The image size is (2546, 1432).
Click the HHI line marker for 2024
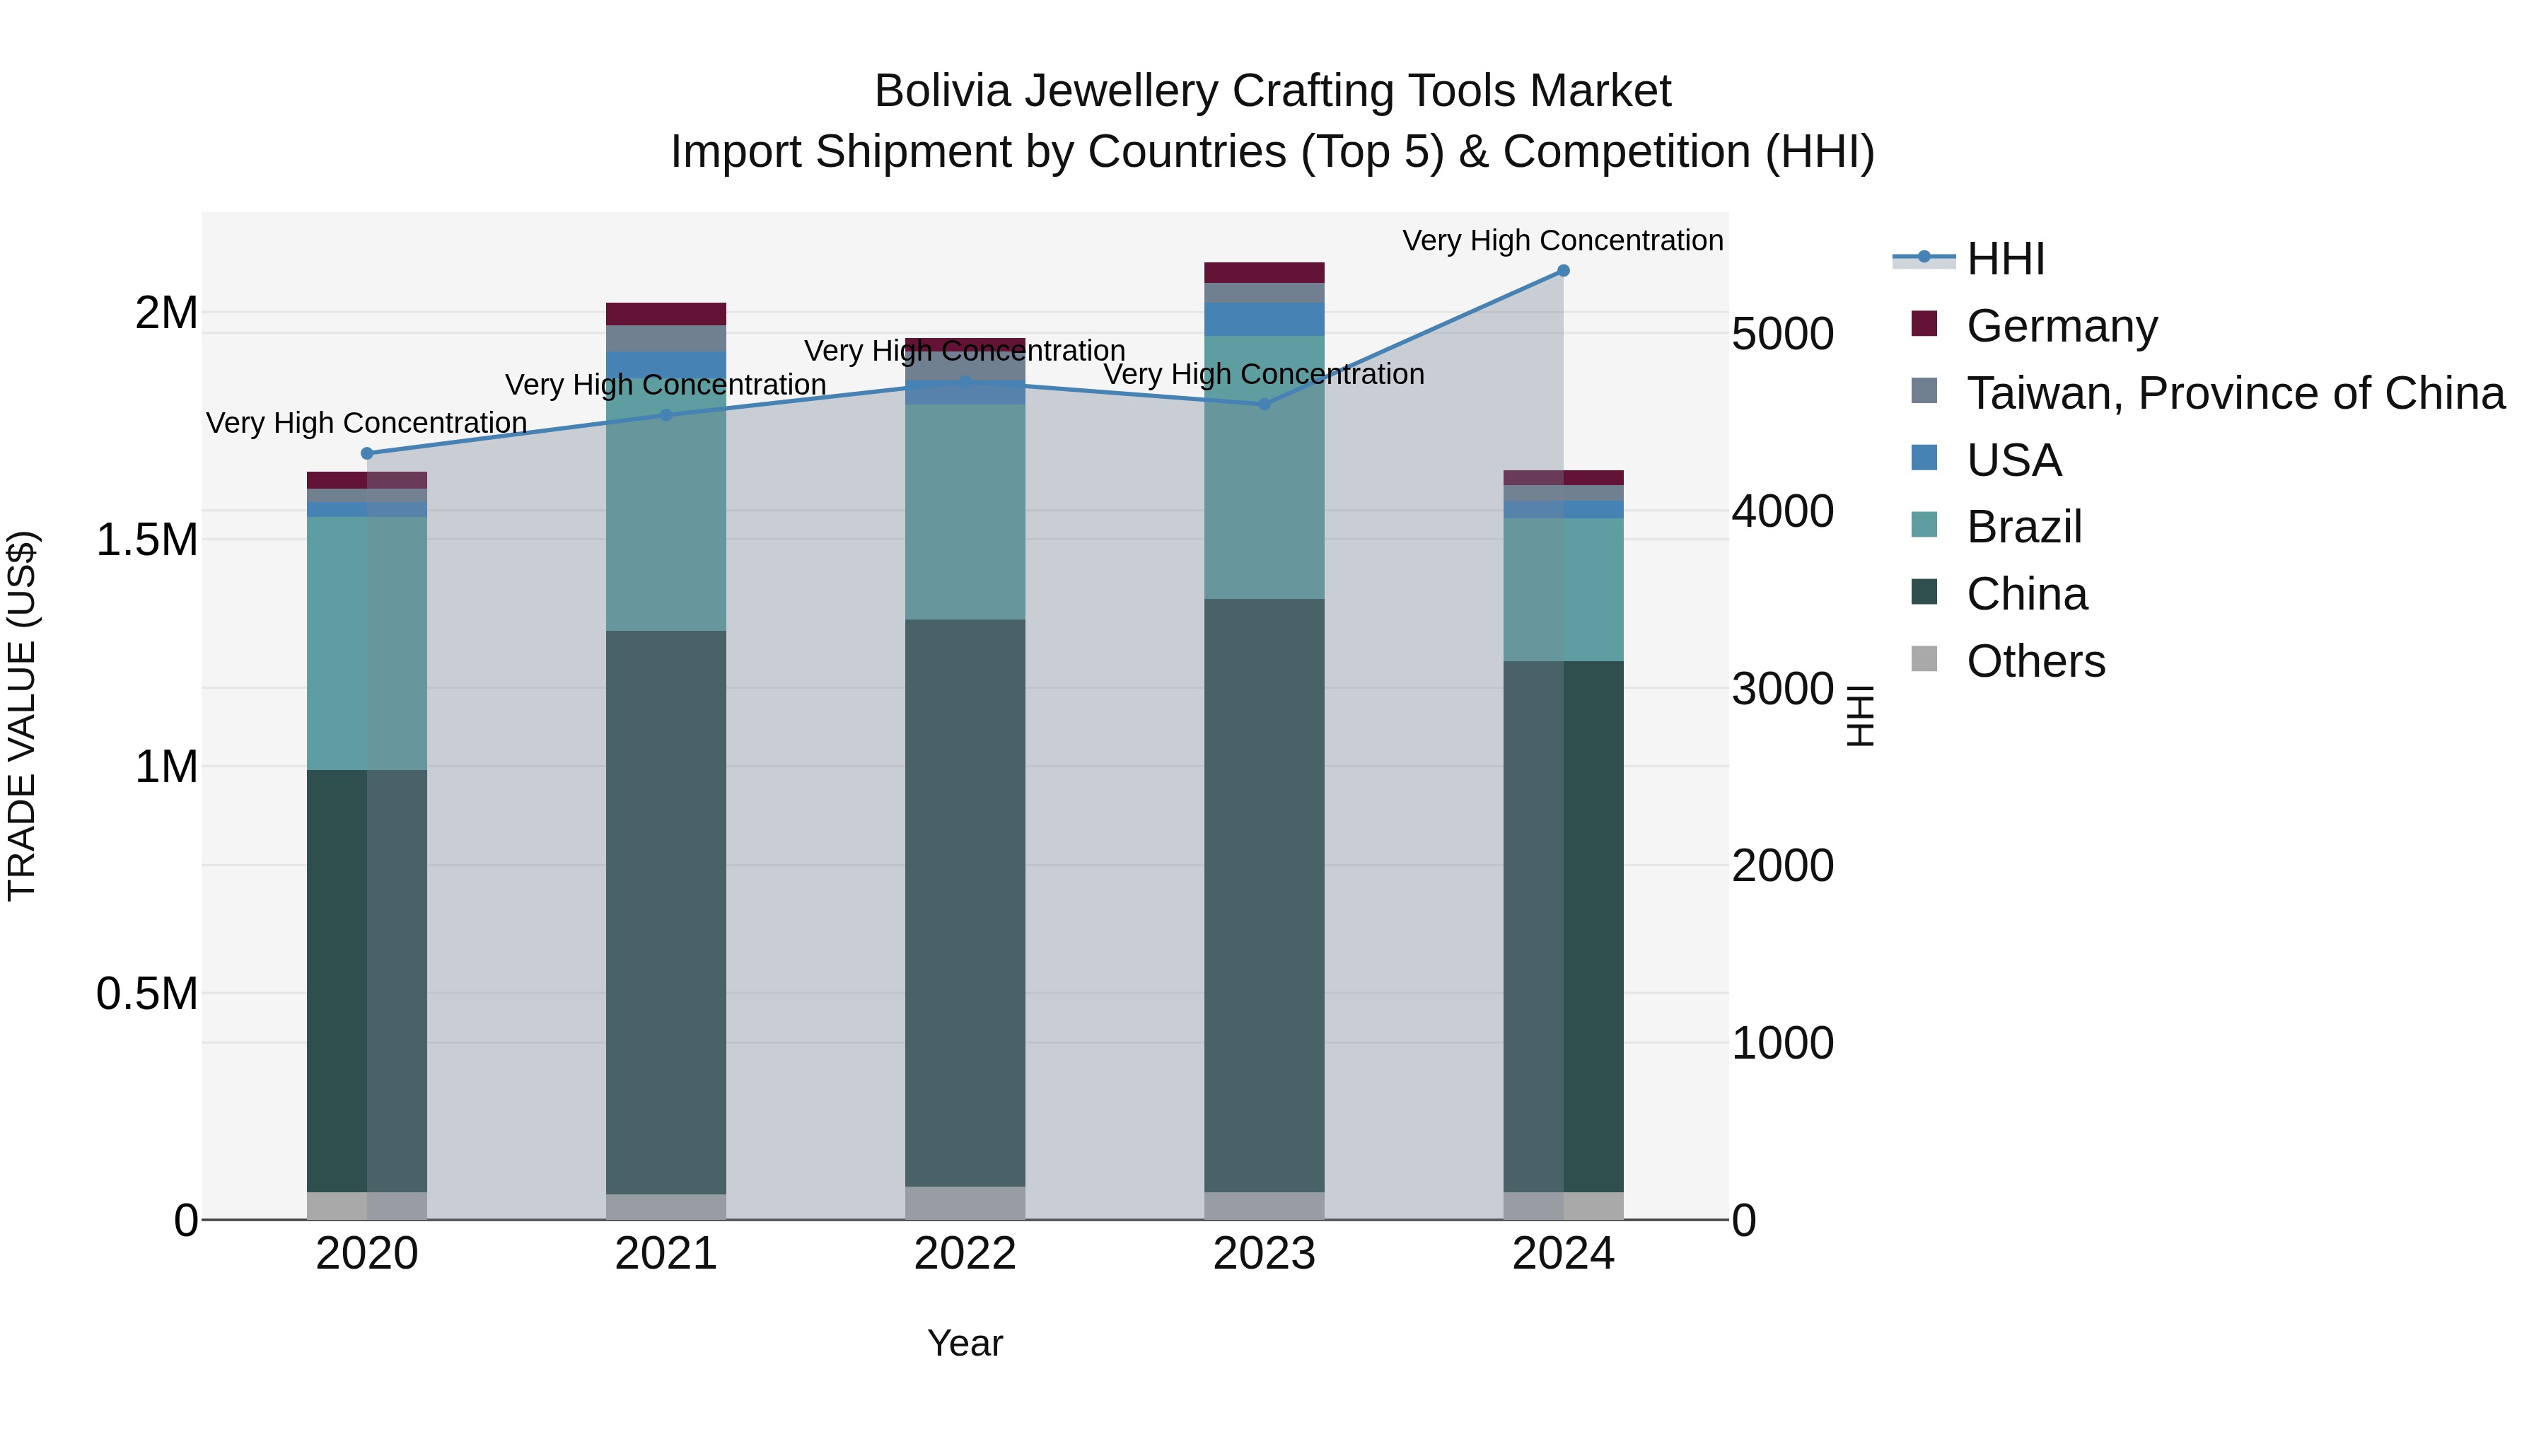[x=1562, y=271]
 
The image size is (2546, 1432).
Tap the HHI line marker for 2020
[x=366, y=453]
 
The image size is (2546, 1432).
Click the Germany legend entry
[x=2061, y=326]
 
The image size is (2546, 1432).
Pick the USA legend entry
[x=2013, y=460]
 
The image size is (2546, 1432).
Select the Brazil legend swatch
[x=1924, y=525]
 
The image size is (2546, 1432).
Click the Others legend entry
[x=2035, y=661]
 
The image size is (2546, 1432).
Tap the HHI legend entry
[x=2004, y=259]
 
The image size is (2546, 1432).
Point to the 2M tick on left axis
[x=166, y=313]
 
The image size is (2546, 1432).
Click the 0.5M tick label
[x=147, y=994]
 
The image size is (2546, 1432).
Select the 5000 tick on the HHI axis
[x=1782, y=334]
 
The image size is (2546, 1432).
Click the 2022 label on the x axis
[x=965, y=1254]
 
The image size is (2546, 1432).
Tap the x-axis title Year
[x=965, y=1343]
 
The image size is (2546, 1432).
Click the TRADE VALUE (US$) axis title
[x=22, y=716]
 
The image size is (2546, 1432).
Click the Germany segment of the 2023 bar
[x=1264, y=273]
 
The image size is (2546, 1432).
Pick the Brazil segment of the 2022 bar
[x=965, y=512]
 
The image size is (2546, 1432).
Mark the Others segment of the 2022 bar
[x=965, y=1203]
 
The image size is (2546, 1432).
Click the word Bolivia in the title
[x=942, y=92]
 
